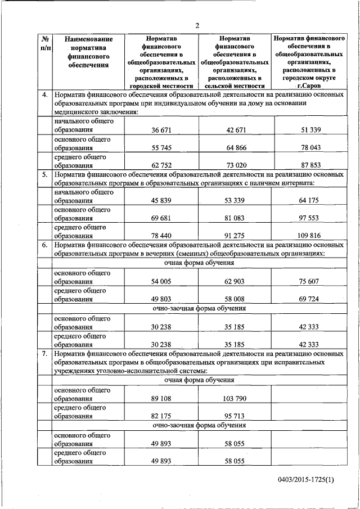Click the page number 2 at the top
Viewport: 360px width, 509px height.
tap(197, 25)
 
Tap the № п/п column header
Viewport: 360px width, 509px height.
tap(44, 44)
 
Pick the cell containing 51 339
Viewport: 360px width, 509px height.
tap(308, 130)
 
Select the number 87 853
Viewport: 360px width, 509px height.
tap(308, 166)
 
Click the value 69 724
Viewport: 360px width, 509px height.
tap(308, 300)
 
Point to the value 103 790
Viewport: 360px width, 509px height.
tap(236, 398)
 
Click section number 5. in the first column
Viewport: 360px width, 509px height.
tap(44, 175)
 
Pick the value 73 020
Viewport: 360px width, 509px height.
tap(236, 166)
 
